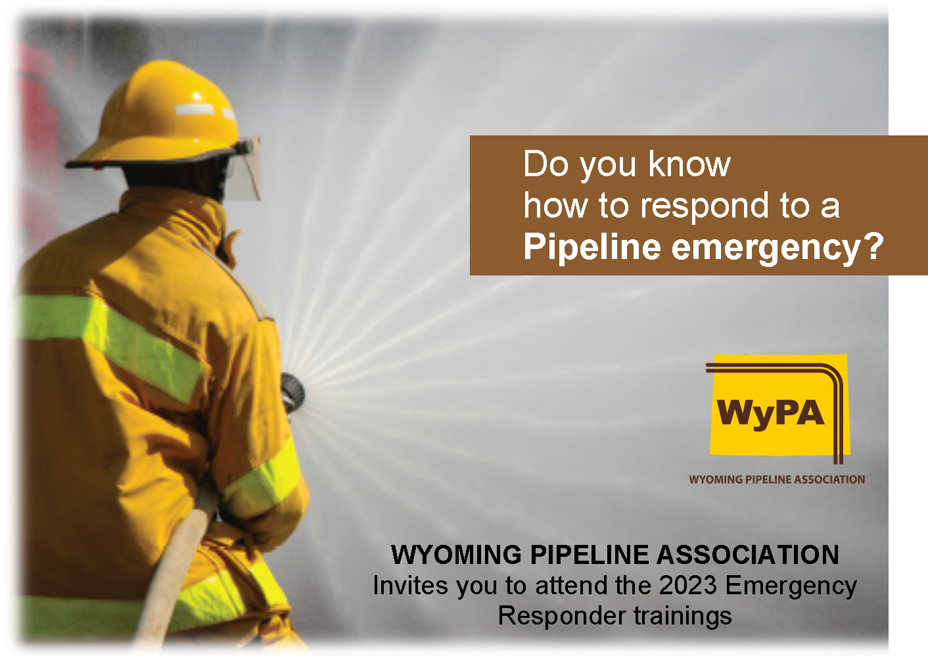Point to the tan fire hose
click(174, 568)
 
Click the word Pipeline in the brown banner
click(592, 246)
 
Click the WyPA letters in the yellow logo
click(770, 413)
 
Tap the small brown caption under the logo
click(777, 479)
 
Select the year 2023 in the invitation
click(687, 585)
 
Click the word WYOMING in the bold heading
click(457, 555)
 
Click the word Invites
click(411, 585)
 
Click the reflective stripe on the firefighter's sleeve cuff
click(262, 480)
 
